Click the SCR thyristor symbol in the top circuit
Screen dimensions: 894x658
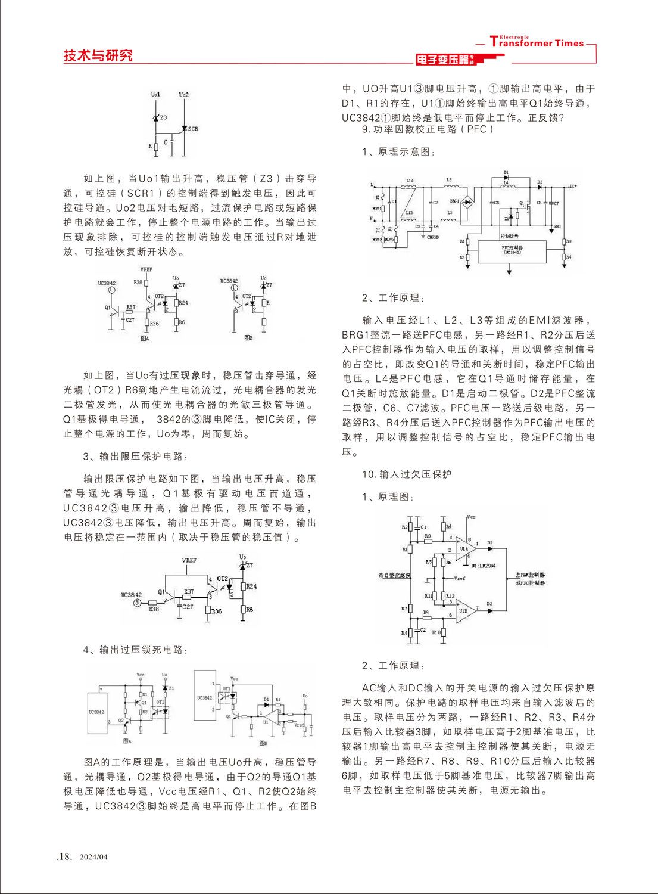coord(185,128)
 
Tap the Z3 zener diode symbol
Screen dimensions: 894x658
coord(157,118)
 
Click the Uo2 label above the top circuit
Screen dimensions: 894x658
coord(184,95)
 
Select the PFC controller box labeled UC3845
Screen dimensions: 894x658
coord(512,251)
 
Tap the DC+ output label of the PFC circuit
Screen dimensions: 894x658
coord(572,186)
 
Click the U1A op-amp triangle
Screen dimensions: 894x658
coord(464,549)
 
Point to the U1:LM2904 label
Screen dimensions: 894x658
coord(483,566)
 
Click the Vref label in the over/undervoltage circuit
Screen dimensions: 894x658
coord(459,578)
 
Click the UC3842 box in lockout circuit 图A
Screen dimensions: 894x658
coord(96,713)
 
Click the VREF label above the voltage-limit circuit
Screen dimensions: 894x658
coord(189,560)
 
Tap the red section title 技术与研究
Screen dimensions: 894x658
coord(98,55)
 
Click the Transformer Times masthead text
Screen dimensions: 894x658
coord(537,43)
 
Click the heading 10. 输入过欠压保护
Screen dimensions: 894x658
coord(407,474)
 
